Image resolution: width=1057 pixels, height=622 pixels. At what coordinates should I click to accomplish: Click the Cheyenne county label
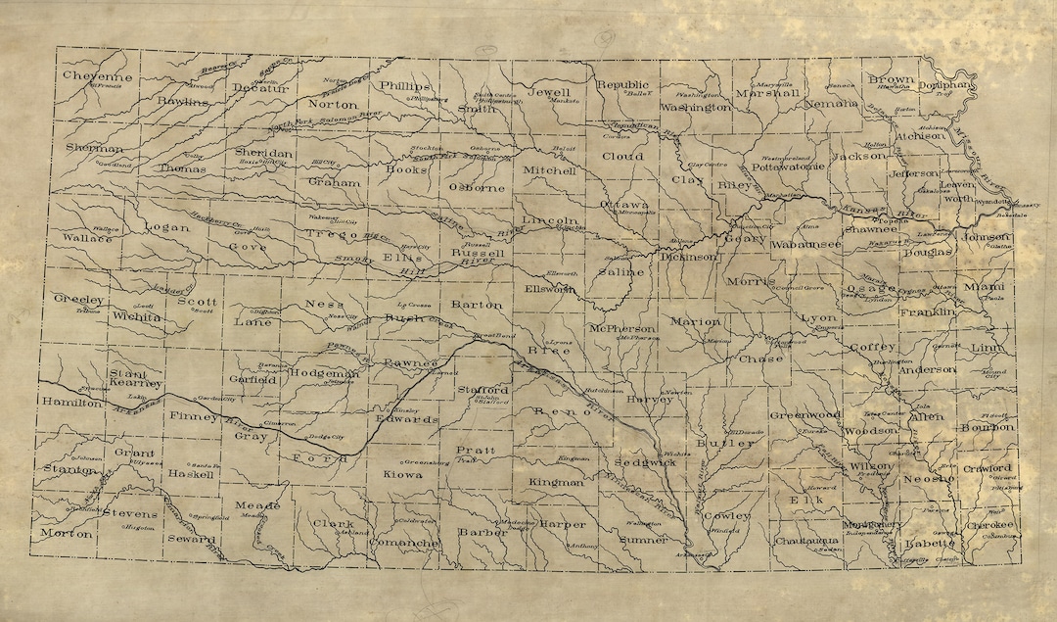point(97,75)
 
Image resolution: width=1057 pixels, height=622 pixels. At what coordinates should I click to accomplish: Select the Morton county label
point(66,534)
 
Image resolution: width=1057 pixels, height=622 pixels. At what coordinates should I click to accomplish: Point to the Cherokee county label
point(989,524)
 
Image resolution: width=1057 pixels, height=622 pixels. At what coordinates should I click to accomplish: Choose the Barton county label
point(476,305)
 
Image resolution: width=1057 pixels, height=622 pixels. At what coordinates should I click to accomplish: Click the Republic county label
point(622,84)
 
